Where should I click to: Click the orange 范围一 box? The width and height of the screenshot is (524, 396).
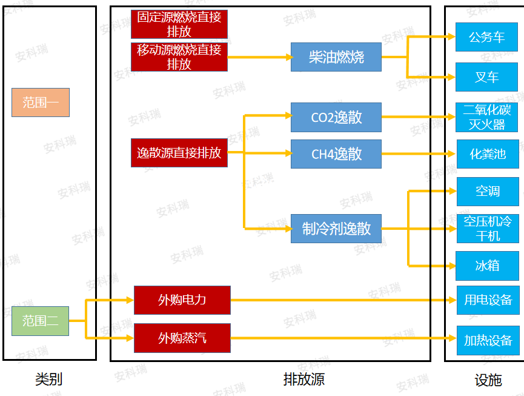pos(40,102)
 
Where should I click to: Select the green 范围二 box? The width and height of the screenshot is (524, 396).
pos(40,321)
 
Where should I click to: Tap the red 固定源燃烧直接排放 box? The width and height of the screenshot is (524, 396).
pos(179,24)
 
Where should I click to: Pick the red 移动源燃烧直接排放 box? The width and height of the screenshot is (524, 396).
pos(179,57)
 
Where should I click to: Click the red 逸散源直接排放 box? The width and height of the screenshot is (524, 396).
pos(179,153)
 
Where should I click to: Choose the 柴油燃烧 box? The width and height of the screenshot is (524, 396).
pos(336,57)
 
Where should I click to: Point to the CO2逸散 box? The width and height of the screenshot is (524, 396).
pos(336,117)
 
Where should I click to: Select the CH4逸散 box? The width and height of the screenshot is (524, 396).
pos(336,154)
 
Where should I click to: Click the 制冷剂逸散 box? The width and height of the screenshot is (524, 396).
pos(336,229)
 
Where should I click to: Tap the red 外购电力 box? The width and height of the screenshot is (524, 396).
pos(182,300)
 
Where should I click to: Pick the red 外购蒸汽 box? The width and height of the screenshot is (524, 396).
pos(182,338)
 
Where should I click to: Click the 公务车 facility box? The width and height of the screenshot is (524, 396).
pos(487,37)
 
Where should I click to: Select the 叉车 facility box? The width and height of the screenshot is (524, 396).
pos(487,77)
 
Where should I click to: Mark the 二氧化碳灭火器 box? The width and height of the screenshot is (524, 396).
pos(487,117)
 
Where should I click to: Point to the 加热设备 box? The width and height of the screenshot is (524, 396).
pos(488,340)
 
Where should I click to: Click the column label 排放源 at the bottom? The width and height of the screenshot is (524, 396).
pos(303,380)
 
